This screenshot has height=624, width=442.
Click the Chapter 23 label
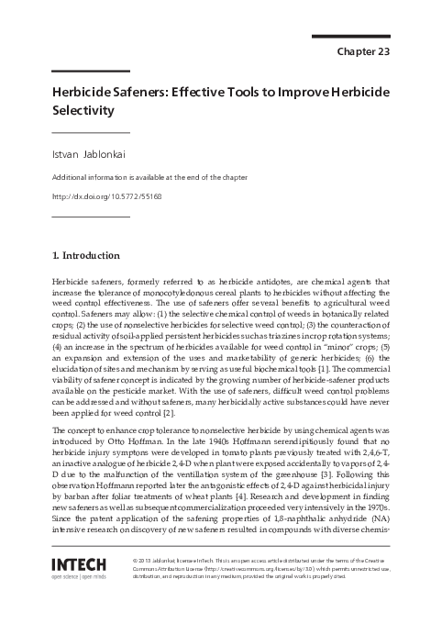(x=364, y=50)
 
